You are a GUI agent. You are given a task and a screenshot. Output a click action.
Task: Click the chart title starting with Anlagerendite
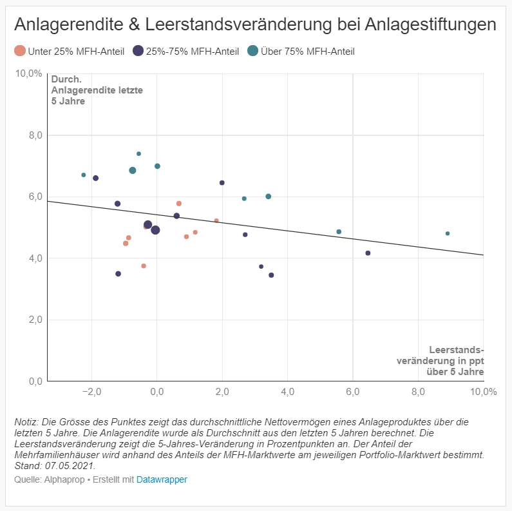tap(255, 24)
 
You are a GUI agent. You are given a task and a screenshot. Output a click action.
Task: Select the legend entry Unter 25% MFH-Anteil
tap(69, 51)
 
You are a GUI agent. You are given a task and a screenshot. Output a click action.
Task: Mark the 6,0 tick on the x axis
tap(353, 392)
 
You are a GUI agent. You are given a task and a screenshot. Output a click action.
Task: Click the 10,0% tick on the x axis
tap(482, 392)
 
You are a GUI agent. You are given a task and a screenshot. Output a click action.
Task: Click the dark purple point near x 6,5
tap(368, 253)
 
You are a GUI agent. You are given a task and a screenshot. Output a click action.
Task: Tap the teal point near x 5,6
tap(339, 232)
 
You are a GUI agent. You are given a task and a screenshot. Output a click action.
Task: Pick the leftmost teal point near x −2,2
tap(84, 175)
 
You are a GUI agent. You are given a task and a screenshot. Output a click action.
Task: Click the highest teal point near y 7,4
tap(138, 153)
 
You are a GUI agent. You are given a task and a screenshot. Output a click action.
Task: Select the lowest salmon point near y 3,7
tap(144, 265)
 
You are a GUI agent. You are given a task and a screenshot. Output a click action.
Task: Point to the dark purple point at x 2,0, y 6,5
tap(222, 183)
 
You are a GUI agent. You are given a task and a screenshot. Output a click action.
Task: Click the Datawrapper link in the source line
tap(162, 479)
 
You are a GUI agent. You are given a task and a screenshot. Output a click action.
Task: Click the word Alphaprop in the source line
tap(58, 479)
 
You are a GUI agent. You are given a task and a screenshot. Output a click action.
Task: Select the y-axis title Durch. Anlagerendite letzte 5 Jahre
tap(97, 91)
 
